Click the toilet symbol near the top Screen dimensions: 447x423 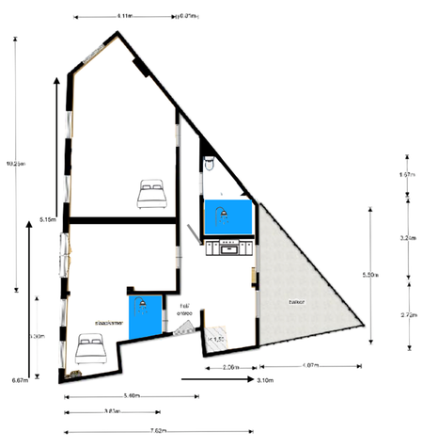(x=211, y=165)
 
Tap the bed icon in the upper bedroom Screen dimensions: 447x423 (x=151, y=194)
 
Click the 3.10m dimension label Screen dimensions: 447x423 (x=265, y=380)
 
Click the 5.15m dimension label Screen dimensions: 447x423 (x=49, y=220)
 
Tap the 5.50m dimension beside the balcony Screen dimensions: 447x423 (x=369, y=275)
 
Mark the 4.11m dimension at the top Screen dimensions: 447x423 (x=124, y=17)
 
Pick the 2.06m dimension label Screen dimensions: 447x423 (x=222, y=366)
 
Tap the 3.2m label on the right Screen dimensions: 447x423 (x=408, y=238)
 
